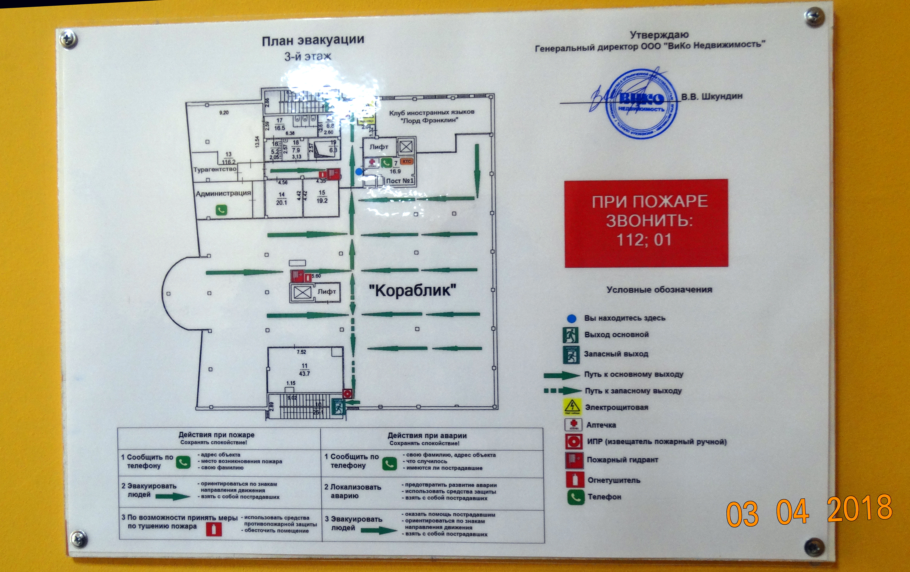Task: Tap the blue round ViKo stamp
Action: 641,104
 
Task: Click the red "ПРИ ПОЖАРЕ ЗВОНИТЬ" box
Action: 646,223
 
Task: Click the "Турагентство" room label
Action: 215,169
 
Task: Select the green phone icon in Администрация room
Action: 221,210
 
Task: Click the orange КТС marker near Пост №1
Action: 407,161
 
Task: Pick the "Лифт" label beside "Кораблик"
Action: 327,292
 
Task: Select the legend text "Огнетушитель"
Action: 614,480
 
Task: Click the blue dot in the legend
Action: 571,319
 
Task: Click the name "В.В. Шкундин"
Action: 711,96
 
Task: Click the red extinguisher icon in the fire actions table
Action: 214,529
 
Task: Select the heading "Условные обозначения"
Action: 659,290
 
